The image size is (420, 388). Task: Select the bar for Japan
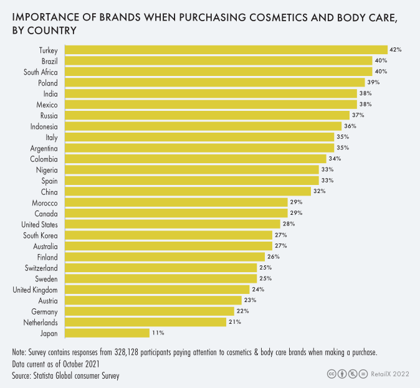(x=106, y=333)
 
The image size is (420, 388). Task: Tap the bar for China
(x=187, y=191)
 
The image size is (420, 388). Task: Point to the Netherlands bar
(x=145, y=323)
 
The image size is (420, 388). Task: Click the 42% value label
(x=395, y=50)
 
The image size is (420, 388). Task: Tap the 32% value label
(x=320, y=191)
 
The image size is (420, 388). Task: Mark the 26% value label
(x=274, y=257)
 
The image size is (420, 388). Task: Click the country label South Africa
(x=41, y=72)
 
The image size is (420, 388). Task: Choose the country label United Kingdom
(x=36, y=290)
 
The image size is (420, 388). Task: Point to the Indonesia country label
(x=44, y=126)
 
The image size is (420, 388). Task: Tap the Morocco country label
(x=45, y=202)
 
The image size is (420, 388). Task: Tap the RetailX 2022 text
(x=390, y=374)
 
